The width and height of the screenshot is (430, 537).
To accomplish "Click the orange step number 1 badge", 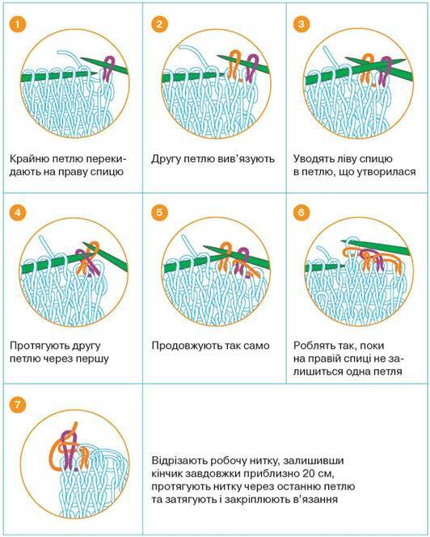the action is pos(18,24).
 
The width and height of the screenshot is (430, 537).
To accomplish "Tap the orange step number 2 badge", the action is pos(159,24).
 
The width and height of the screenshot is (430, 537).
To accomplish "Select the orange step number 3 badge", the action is pos(301,24).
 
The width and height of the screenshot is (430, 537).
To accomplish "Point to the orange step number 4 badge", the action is pos(18,212).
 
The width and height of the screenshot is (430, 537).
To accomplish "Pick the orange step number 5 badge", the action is pos(159,212).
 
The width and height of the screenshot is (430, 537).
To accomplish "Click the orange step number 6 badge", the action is pos(301,212).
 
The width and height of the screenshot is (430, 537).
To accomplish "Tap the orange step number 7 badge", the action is pos(18,405).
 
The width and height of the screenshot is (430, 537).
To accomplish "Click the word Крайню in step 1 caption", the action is pos(28,159).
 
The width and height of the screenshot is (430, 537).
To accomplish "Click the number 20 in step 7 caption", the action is pos(310,474).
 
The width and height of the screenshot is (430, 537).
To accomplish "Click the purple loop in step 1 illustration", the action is pos(109,69).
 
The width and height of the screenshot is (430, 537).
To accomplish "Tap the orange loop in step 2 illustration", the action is pos(234,65).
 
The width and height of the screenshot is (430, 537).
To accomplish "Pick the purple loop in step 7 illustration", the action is pos(70,449).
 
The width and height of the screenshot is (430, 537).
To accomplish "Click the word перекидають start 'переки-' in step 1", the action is pos(106,159).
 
